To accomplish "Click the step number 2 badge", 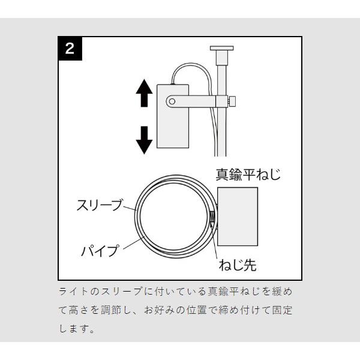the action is point(70,49).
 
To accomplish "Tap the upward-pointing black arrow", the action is point(144,93).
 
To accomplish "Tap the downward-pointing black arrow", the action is point(144,140).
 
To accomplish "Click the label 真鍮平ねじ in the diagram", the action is point(248,175).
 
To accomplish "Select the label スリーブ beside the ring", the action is point(100,205).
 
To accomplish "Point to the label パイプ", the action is point(100,250).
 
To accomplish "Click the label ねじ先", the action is point(238,265).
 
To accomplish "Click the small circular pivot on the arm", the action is point(172,101).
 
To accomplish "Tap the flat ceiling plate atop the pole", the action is point(222,48).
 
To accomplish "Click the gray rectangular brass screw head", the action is point(238,217).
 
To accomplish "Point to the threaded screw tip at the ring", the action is point(212,217).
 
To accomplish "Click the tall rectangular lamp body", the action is point(173,116).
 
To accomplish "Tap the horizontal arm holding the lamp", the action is point(191,101).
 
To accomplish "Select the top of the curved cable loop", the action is point(192,64).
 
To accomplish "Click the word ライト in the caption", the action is point(74,292).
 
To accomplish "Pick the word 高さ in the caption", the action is point(79,310).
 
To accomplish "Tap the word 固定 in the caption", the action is point(282,310).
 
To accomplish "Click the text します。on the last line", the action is point(77,329).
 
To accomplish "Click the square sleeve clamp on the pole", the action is point(222,101).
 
